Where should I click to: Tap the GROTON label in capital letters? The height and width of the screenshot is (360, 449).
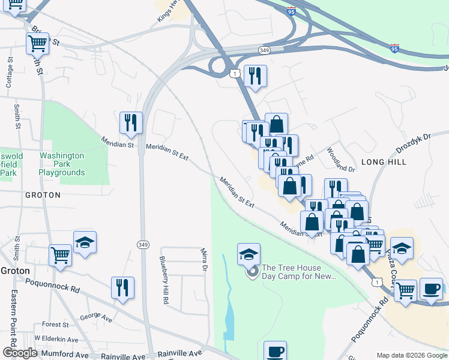tap(43, 195)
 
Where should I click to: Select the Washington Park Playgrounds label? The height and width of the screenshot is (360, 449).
tap(62, 164)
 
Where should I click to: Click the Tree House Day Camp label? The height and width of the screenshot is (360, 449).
tap(300, 272)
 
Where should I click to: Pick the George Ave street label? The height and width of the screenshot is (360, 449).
tap(96, 316)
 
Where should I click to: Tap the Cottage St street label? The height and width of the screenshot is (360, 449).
tap(9, 73)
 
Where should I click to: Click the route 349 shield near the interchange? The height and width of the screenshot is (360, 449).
tap(265, 49)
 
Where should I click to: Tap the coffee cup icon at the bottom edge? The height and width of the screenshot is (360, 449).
tap(276, 350)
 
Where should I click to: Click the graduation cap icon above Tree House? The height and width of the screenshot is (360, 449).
tap(249, 254)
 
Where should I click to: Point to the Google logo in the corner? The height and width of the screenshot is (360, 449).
tap(20, 353)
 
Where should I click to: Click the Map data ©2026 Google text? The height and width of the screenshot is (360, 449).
tap(411, 355)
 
